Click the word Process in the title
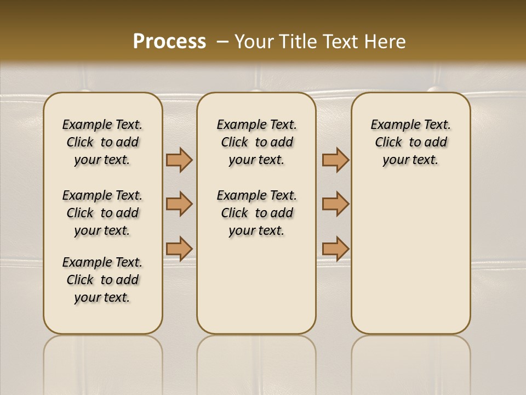[169, 42]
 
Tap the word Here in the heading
[385, 42]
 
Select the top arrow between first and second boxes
[179, 160]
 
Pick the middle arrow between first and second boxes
[179, 204]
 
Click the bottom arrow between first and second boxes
[179, 249]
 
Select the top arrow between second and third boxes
[335, 160]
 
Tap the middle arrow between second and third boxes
[335, 204]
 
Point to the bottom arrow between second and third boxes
[335, 249]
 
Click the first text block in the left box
[102, 142]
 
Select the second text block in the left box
[102, 213]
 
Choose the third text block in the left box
[102, 280]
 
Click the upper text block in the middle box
[256, 142]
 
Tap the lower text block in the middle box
[256, 213]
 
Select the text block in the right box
[410, 142]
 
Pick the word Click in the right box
[388, 143]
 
